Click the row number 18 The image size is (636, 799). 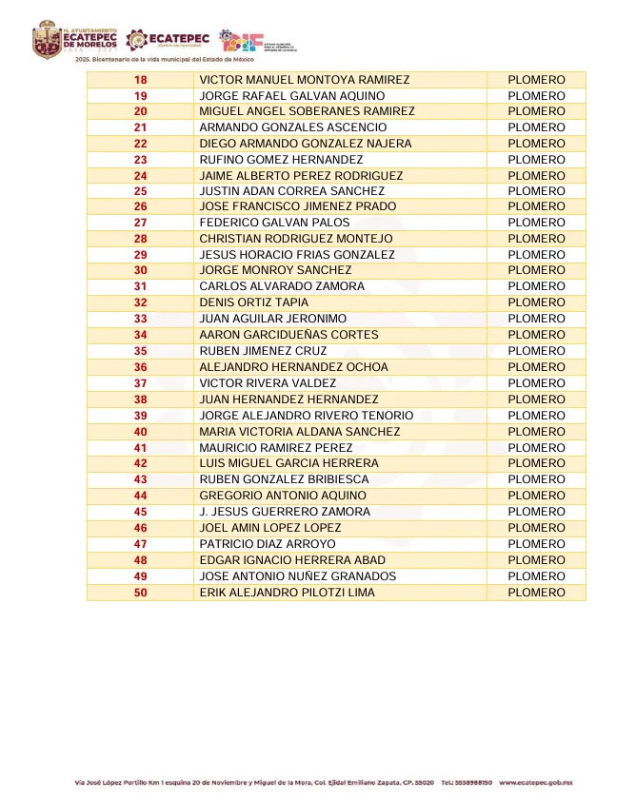(x=140, y=80)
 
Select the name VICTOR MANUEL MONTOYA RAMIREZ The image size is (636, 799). (x=304, y=80)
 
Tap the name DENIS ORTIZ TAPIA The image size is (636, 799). (x=253, y=302)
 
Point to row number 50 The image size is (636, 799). (x=140, y=593)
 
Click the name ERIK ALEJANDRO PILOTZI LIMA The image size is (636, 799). (x=287, y=593)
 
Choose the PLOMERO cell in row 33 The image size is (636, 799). (x=536, y=319)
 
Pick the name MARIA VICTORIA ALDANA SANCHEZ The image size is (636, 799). (x=299, y=432)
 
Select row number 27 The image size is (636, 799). (x=140, y=223)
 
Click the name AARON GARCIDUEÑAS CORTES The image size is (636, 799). (x=288, y=335)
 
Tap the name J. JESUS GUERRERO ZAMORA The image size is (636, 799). (x=285, y=512)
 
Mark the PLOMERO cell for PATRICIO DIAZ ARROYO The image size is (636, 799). (x=536, y=544)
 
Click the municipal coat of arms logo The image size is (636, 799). (x=47, y=40)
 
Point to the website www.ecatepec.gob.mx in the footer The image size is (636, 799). (x=535, y=783)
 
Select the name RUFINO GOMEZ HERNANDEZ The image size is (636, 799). (x=281, y=160)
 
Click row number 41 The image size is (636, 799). (x=140, y=448)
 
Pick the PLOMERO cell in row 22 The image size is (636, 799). (x=536, y=144)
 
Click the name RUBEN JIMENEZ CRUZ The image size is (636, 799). (x=263, y=351)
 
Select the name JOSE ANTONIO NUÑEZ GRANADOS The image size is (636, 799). (x=297, y=576)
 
